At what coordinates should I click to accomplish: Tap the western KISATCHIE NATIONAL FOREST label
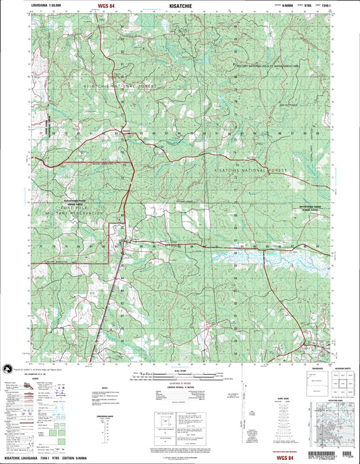(120, 87)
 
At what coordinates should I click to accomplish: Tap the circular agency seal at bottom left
(9, 368)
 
